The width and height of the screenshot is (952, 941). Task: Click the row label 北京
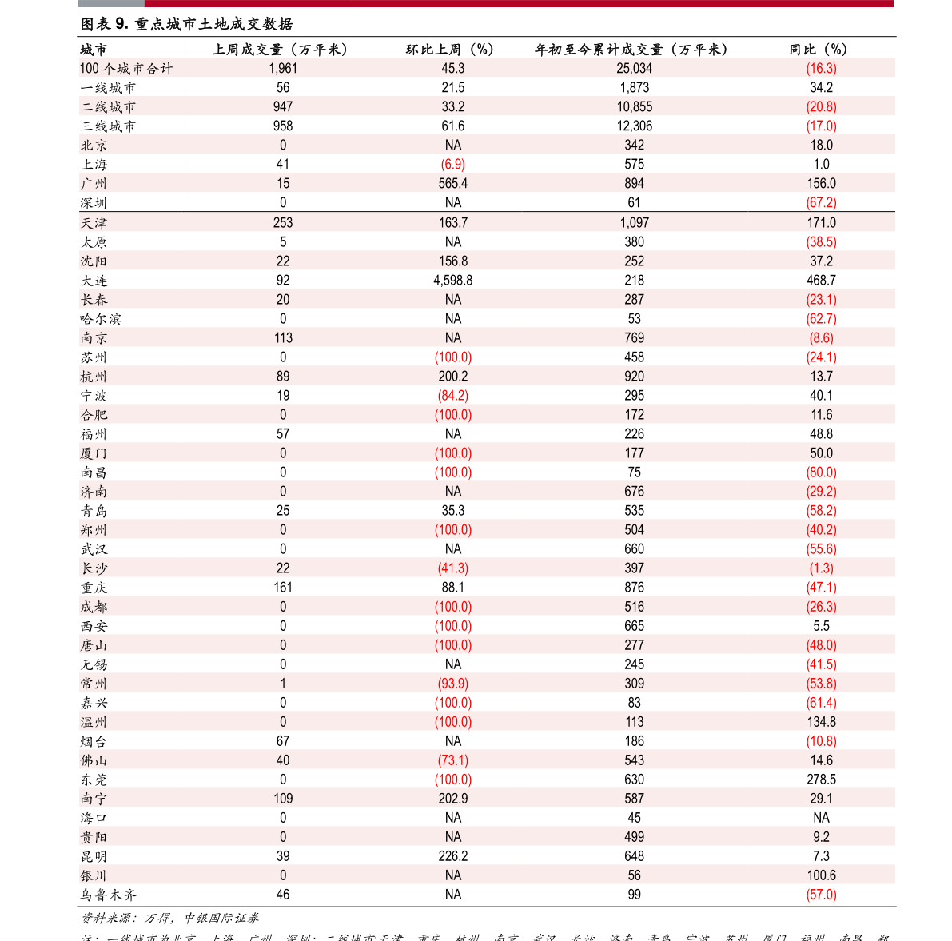(94, 146)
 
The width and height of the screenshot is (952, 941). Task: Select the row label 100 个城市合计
(126, 69)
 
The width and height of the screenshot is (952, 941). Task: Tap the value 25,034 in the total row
(634, 69)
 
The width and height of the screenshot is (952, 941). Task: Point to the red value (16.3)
(821, 69)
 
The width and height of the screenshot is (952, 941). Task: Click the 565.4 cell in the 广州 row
(453, 184)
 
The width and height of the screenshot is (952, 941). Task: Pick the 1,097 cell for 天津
(634, 223)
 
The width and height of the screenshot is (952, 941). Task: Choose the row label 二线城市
(108, 107)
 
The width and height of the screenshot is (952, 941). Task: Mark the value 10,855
(634, 107)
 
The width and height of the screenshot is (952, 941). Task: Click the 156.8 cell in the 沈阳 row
(453, 261)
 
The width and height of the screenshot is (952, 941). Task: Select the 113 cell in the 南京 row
(283, 338)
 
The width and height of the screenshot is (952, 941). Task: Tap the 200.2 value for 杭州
(453, 377)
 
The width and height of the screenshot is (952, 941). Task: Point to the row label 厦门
(94, 453)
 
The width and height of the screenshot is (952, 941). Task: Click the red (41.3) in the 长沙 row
(453, 568)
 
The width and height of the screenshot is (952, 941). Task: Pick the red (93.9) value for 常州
(453, 684)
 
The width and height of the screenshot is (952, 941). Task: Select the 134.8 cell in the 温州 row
(821, 722)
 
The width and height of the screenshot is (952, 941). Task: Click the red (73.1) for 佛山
(453, 760)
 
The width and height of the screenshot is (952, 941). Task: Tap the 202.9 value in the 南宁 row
(453, 799)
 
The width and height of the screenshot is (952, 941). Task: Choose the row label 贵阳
(94, 837)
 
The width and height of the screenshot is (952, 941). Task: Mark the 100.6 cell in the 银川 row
(821, 875)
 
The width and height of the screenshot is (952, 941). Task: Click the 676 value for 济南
(634, 492)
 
